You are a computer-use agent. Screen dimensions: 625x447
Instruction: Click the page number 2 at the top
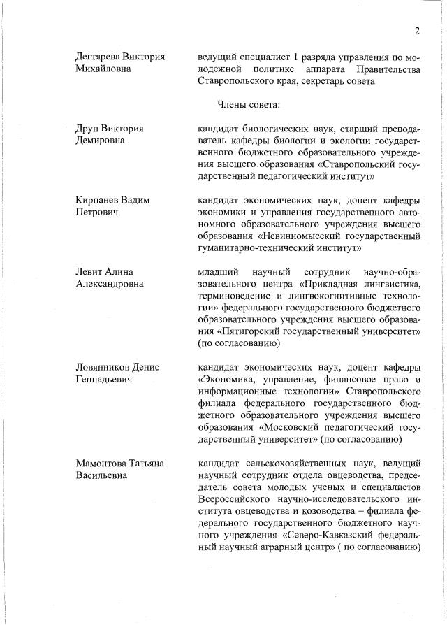(x=416, y=31)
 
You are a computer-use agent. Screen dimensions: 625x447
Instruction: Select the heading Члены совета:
(x=249, y=105)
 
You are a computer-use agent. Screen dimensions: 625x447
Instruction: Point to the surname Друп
(x=88, y=128)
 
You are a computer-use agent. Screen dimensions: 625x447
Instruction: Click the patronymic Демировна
(x=99, y=141)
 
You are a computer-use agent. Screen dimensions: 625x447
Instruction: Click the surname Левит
(x=89, y=271)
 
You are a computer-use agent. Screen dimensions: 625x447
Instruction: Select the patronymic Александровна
(x=109, y=283)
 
